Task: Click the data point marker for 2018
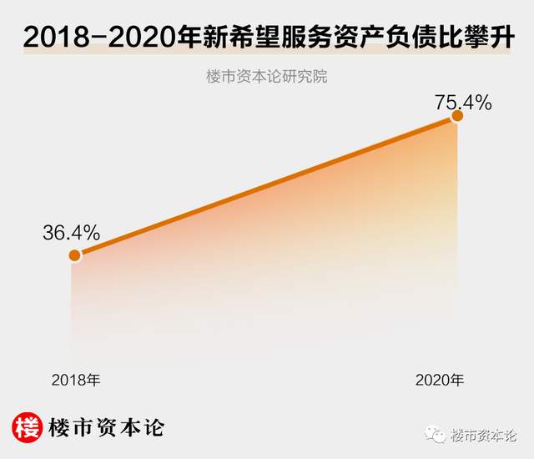click(75, 255)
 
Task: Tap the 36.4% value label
click(72, 231)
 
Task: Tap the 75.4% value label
click(463, 103)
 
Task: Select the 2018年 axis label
click(76, 380)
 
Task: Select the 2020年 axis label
click(440, 380)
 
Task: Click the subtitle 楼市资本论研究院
click(266, 78)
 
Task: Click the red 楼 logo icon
click(27, 427)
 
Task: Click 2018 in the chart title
click(58, 38)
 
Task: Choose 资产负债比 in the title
click(406, 38)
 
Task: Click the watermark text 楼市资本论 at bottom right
click(484, 435)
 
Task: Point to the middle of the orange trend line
click(265, 187)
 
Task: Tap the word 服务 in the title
click(325, 38)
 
